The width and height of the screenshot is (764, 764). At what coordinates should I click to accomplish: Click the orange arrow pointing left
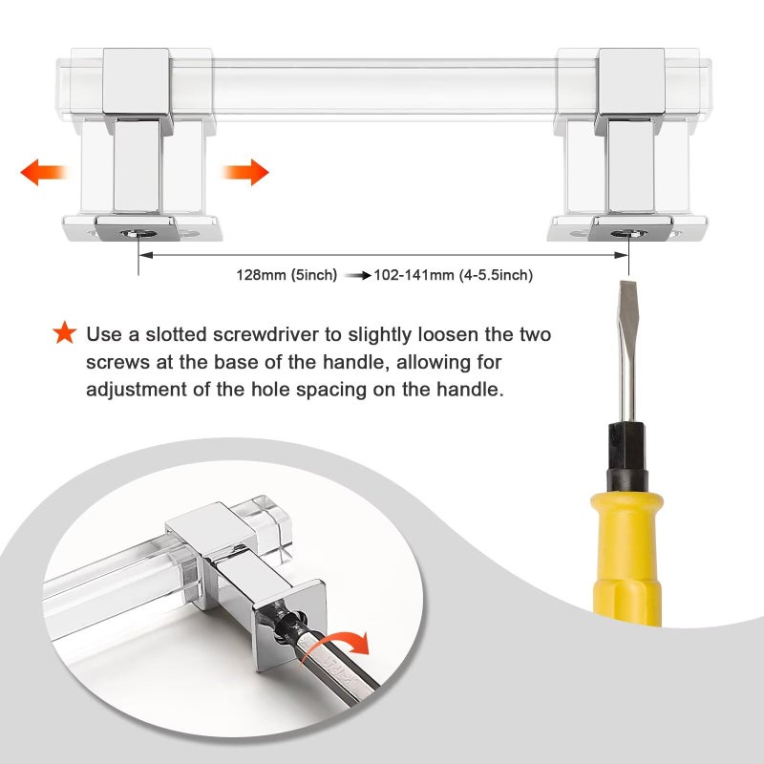click(43, 172)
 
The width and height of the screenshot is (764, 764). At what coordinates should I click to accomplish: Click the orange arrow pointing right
click(245, 172)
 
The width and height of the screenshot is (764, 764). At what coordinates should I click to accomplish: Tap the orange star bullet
click(65, 332)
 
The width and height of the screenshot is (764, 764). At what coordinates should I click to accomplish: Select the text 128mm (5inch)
click(286, 275)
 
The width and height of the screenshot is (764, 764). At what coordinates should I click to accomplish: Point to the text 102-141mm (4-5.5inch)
click(453, 275)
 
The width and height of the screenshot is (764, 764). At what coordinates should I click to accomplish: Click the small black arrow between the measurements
click(357, 276)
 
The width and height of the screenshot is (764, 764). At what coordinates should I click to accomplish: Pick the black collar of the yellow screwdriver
click(626, 456)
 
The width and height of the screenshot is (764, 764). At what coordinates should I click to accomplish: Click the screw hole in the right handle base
click(628, 234)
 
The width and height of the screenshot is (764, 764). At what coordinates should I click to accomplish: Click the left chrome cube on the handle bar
click(137, 82)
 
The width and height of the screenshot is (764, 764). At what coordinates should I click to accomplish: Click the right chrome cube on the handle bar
click(631, 82)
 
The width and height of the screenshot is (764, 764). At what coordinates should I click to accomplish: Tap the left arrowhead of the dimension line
click(145, 255)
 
